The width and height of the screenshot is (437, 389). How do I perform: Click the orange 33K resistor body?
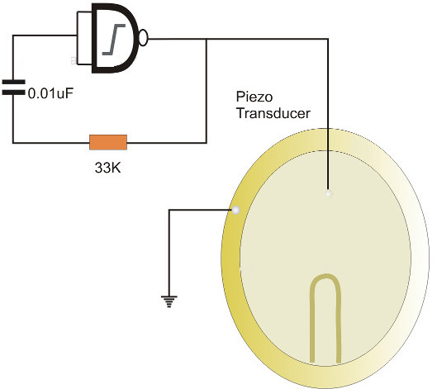(x=108, y=142)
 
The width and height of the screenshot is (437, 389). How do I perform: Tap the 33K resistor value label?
(x=108, y=168)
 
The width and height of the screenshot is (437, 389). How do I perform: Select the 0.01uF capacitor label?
(x=50, y=93)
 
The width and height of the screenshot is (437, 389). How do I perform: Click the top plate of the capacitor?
(x=14, y=82)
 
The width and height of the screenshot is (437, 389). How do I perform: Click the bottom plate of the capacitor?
(x=14, y=93)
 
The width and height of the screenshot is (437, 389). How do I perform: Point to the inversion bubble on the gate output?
(x=143, y=38)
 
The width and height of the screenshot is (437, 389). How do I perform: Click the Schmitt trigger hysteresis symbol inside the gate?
(x=114, y=40)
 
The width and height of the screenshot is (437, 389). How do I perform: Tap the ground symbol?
(x=169, y=301)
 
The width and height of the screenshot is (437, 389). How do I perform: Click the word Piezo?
(x=254, y=97)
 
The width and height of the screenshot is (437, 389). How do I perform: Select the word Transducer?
(x=273, y=113)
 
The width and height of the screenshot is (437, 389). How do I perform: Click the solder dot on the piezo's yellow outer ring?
(x=236, y=210)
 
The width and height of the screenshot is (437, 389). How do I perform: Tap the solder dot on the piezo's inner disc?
(x=329, y=193)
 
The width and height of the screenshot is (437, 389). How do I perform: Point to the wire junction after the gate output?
(x=207, y=39)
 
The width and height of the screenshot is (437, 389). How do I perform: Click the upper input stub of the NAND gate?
(x=85, y=12)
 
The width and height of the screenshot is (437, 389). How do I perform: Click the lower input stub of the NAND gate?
(x=85, y=64)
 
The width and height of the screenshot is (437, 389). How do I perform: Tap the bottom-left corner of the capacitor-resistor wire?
(x=13, y=143)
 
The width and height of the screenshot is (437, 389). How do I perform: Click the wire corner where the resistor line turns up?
(x=207, y=143)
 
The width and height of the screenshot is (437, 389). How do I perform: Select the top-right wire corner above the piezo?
(x=328, y=39)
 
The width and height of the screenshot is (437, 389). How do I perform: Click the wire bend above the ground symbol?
(x=169, y=210)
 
